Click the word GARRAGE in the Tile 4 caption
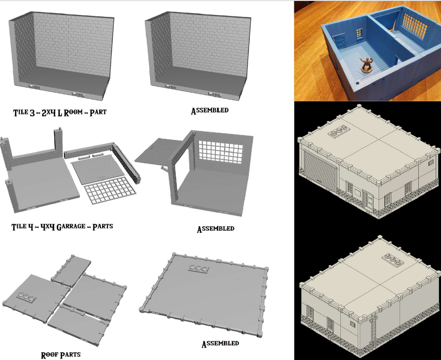pos(71,227)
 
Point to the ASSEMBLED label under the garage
pos(215,229)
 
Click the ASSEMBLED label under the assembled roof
pos(220,344)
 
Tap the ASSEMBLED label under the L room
pos(210,110)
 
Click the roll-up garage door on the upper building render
pos(320,171)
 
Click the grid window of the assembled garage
pos(221,152)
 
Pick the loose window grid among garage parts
pos(110,189)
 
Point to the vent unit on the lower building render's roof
pos(393,260)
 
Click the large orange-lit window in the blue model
pos(414,26)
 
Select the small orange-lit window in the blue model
pos(360,33)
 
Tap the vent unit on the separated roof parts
pos(26,297)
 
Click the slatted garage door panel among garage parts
pos(98,168)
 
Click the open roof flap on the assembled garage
pos(158,151)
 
